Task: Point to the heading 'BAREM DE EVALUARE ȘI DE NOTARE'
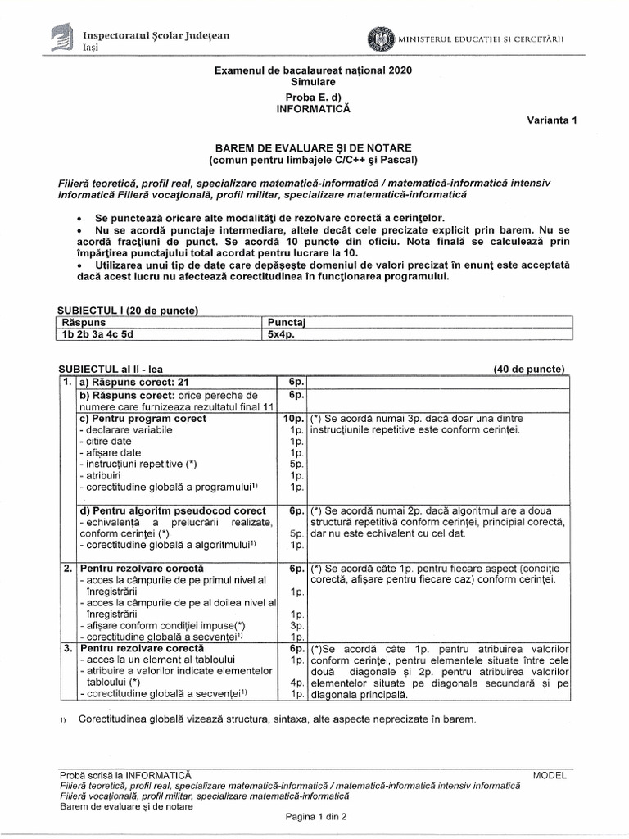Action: [314, 146]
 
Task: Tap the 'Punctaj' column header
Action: [281, 322]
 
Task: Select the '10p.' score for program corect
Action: [294, 418]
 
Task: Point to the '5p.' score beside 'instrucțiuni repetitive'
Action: [297, 464]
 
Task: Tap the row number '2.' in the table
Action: [67, 568]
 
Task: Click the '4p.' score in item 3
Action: [297, 682]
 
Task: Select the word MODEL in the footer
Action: [549, 774]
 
